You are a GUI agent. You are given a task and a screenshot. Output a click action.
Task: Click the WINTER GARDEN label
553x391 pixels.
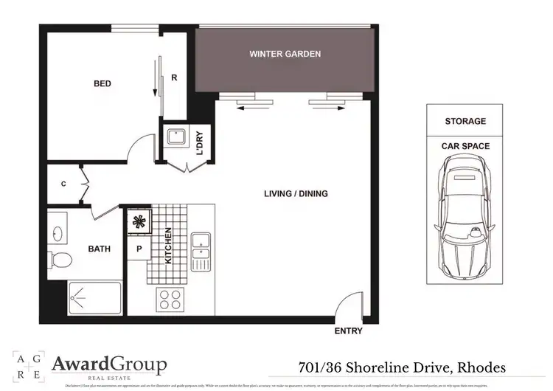(x=285, y=55)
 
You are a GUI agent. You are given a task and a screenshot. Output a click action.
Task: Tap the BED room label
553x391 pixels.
(x=102, y=84)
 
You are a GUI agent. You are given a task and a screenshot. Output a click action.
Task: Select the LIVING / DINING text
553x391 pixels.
(x=296, y=194)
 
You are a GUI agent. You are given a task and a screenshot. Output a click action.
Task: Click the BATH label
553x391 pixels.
(x=100, y=249)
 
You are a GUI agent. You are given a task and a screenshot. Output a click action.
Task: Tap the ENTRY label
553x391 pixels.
(x=348, y=331)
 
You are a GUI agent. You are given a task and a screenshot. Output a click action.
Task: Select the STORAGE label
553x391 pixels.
(x=465, y=121)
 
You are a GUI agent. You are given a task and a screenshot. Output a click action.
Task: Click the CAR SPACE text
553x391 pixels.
(x=465, y=146)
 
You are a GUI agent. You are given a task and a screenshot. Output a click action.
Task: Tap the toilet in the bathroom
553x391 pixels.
(x=61, y=260)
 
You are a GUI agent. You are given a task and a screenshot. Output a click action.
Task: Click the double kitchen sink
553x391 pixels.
(x=201, y=247)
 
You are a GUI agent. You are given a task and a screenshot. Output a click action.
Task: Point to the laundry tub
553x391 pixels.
(x=175, y=138)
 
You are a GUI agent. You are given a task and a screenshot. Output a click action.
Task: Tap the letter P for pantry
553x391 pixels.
(x=139, y=249)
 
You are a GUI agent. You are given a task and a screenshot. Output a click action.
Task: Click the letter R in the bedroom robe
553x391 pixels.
(x=174, y=76)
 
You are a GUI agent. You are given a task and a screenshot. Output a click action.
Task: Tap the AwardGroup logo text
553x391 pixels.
(x=109, y=365)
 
